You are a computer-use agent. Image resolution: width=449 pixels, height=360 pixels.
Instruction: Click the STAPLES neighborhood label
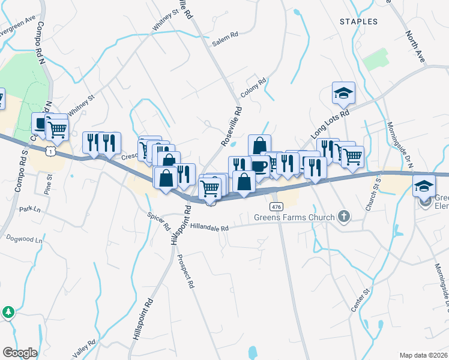tap(358, 22)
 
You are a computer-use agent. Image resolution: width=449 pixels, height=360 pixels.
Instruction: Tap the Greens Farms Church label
tap(295, 217)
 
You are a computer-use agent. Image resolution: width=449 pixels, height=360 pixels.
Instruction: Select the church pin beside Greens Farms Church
tap(344, 216)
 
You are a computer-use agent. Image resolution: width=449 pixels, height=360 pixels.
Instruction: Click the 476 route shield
tap(276, 206)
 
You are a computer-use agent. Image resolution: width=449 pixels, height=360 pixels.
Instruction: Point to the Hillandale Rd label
tap(209, 228)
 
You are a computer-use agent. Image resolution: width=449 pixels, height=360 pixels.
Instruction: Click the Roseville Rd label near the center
tap(231, 127)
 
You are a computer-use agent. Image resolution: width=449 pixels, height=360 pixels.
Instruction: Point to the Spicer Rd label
tap(159, 223)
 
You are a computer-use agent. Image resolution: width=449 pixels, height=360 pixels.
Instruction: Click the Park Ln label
tap(29, 209)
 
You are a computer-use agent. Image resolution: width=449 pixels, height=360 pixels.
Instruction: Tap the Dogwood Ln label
tap(25, 239)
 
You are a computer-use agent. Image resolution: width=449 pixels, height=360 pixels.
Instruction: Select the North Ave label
tap(415, 47)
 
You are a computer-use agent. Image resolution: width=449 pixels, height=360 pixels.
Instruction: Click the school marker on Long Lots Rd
tap(343, 93)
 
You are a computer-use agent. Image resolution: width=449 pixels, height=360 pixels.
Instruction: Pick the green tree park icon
tap(8, 312)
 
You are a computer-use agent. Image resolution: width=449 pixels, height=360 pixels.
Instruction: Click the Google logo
tap(20, 352)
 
